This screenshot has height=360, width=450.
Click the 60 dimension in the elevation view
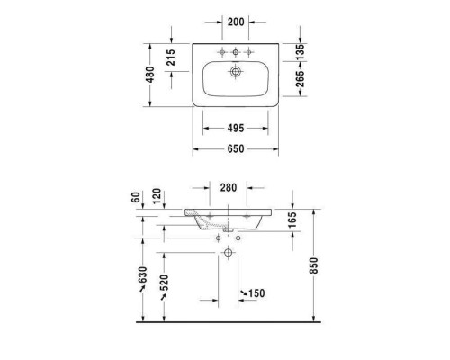(x=137, y=197)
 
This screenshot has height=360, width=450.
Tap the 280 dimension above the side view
(x=229, y=188)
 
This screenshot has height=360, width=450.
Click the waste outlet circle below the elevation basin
(x=229, y=256)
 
